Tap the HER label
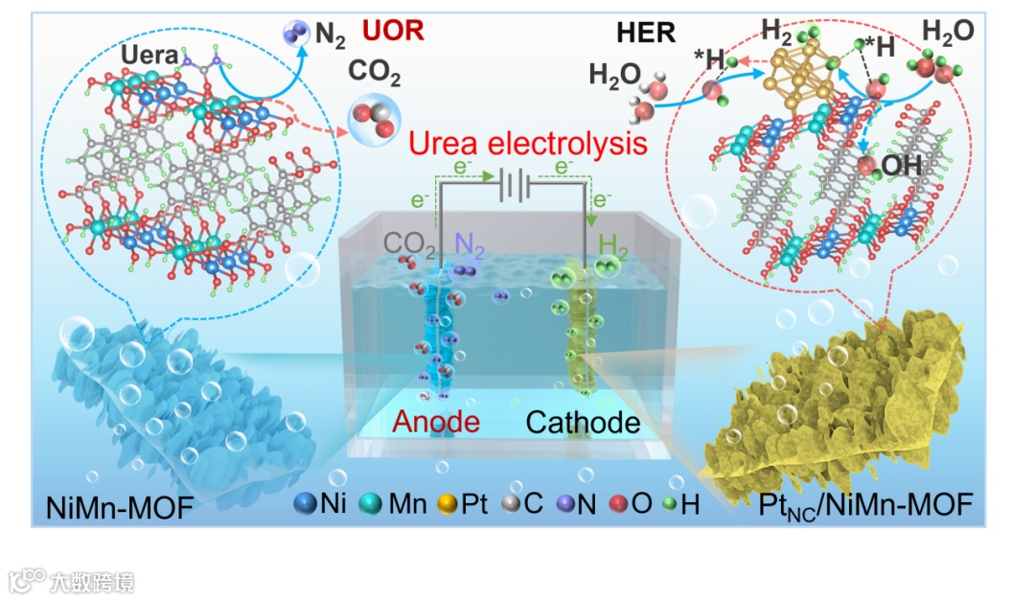[x=646, y=33]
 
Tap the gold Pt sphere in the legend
[x=447, y=503]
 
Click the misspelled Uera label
[x=149, y=57]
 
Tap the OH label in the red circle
[x=902, y=165]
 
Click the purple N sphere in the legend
[x=564, y=503]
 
